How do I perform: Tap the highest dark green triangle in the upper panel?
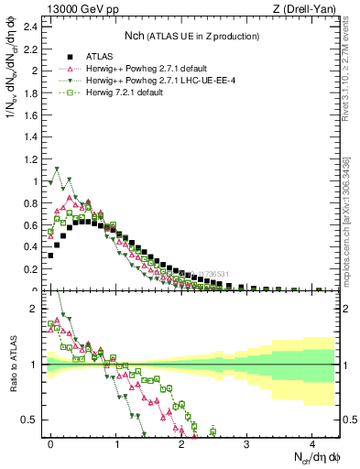click(x=57, y=169)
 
